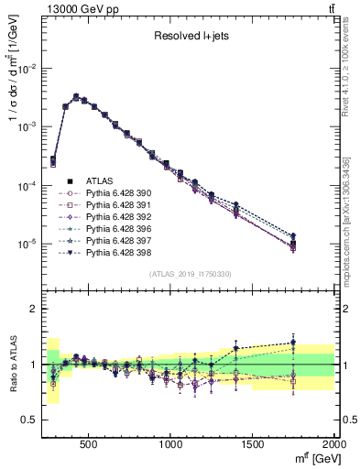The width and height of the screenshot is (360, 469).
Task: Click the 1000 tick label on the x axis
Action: [170, 444]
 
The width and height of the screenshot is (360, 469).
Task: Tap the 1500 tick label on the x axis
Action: [253, 444]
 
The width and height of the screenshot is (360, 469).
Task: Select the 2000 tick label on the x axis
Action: [333, 444]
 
